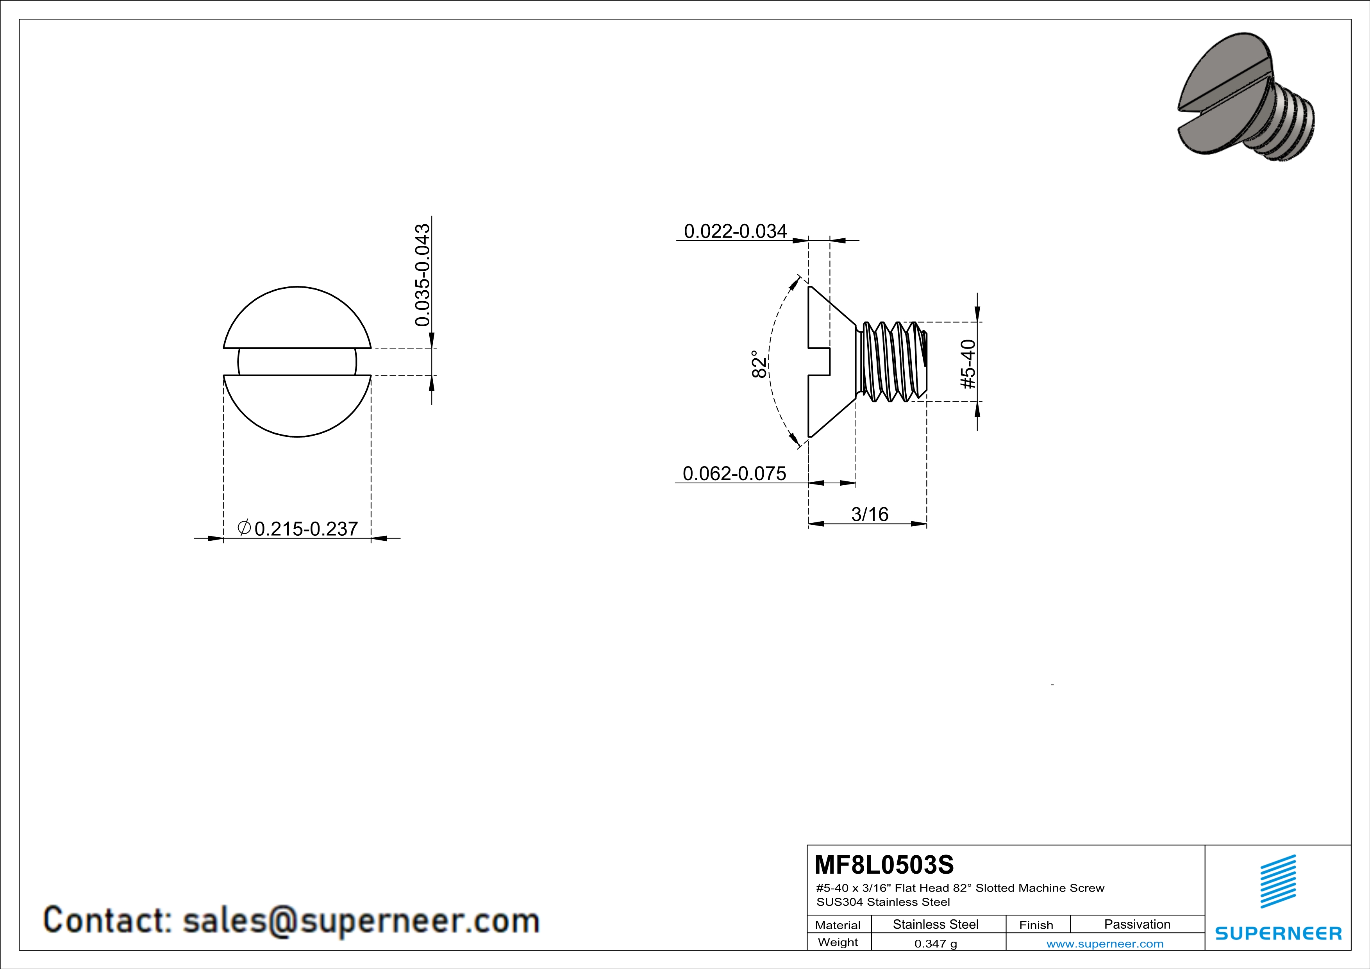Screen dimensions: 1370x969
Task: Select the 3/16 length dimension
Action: [x=869, y=514]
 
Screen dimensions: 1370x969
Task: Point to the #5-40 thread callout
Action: [x=968, y=364]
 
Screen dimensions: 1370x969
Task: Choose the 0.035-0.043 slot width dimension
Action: [x=422, y=275]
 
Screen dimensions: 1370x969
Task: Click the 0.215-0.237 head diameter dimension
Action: [x=306, y=529]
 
